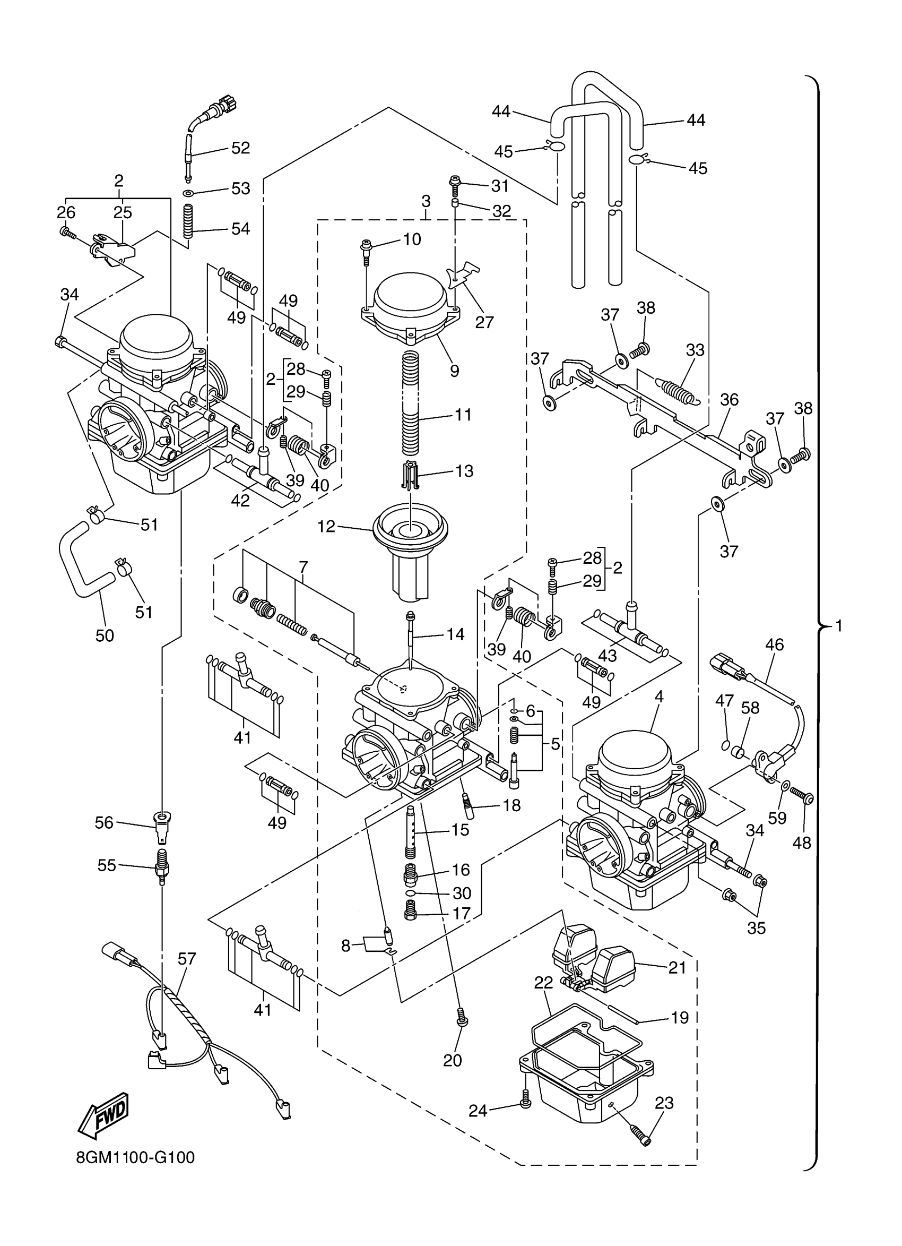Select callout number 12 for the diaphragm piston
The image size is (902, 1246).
326,526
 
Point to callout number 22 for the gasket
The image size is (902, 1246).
543,983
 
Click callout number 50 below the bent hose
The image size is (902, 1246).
105,635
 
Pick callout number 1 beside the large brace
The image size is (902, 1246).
838,625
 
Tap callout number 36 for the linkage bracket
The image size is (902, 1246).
729,399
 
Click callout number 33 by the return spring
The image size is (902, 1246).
695,349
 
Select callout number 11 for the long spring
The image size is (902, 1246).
463,415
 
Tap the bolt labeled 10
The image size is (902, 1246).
365,248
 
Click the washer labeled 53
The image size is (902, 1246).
188,193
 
